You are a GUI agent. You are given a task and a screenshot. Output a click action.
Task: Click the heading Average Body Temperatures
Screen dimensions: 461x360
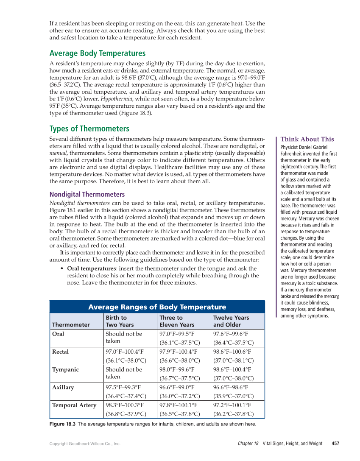(x=97, y=53)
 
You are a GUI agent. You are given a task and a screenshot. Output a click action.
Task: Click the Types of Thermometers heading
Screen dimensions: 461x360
(x=89, y=129)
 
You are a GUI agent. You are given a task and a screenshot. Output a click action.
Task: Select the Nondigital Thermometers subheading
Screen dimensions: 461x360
(x=87, y=194)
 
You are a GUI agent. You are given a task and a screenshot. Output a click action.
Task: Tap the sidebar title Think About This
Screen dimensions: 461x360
(x=307, y=139)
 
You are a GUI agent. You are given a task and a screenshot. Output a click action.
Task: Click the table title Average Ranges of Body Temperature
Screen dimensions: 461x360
(x=157, y=307)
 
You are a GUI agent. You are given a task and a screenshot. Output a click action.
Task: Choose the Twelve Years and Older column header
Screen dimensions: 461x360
(x=231, y=321)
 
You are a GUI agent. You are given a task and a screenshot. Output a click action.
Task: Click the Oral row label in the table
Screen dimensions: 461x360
(x=58, y=334)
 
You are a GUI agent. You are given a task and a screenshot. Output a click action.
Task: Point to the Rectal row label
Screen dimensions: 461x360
(x=60, y=352)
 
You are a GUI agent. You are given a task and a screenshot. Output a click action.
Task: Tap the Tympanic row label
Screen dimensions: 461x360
(x=65, y=370)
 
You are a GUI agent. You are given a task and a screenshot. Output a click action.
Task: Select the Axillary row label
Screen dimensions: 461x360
(x=63, y=388)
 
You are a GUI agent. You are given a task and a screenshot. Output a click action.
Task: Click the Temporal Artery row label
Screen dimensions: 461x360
(x=74, y=405)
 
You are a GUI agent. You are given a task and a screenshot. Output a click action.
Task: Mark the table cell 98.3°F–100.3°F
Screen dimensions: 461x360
(x=125, y=405)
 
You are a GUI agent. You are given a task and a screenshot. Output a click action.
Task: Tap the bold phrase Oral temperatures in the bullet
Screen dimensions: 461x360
(x=91, y=268)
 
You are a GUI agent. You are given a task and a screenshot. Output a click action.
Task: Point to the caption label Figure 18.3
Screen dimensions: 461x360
(x=62, y=424)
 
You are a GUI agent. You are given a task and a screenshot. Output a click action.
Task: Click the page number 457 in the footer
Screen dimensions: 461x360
(x=335, y=444)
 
